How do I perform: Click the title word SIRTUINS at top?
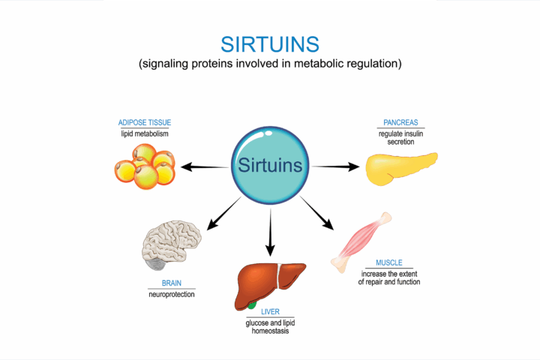269,42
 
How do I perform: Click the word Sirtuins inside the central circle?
270,165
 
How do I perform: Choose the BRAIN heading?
171,283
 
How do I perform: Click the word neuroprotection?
171,295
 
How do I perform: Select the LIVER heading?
270,312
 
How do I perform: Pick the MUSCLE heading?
389,263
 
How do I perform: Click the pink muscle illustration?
360,240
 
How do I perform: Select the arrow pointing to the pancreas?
335,166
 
